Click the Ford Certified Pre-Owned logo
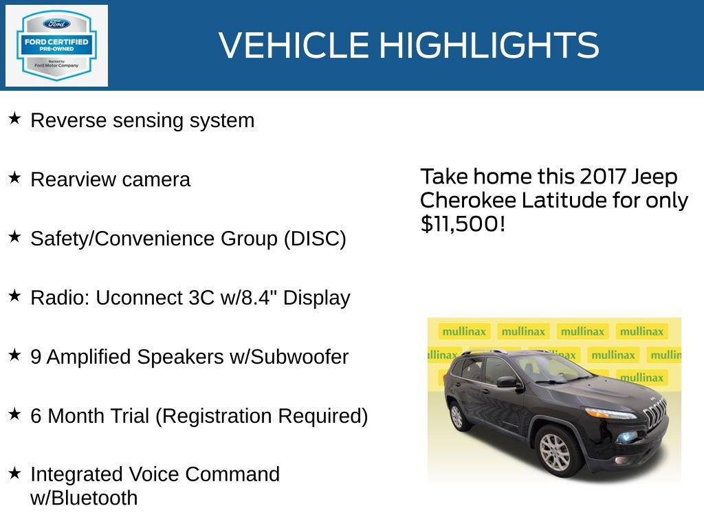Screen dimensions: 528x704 point(56,45)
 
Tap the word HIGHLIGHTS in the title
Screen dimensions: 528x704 point(489,45)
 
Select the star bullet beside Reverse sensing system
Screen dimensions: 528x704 point(14,119)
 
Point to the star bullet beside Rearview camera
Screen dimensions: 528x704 point(14,178)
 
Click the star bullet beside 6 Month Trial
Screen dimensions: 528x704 point(14,415)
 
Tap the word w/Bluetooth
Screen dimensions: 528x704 point(84,498)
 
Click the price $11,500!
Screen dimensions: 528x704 point(463,223)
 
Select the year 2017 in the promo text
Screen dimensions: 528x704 point(602,177)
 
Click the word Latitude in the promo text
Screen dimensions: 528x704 point(563,200)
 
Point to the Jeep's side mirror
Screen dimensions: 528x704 point(507,382)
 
